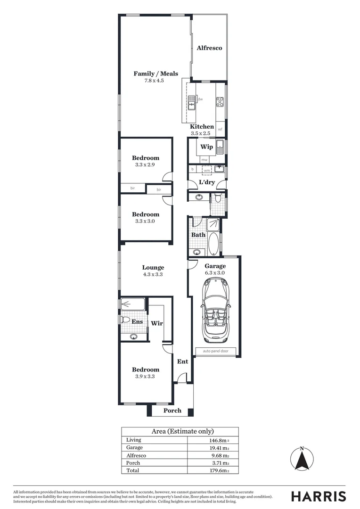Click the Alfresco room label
(x=209, y=48)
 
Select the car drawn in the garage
(x=215, y=311)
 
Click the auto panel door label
(x=215, y=352)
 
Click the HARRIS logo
(x=319, y=496)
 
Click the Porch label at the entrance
(x=172, y=410)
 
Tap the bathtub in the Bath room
(x=213, y=243)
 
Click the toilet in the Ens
(x=125, y=320)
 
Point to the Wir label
(x=156, y=324)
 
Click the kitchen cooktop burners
(x=220, y=101)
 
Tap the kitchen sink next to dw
(x=192, y=102)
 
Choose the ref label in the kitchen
(x=220, y=129)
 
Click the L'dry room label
(x=207, y=182)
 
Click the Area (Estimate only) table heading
(x=182, y=431)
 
